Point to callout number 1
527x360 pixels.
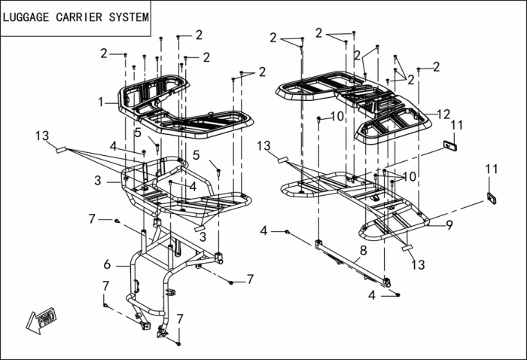point(100,101)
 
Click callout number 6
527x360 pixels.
point(107,264)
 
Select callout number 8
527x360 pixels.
point(363,249)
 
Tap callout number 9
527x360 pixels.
point(449,224)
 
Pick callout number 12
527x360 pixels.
point(443,114)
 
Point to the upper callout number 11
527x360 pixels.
point(457,124)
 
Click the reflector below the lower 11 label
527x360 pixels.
point(492,198)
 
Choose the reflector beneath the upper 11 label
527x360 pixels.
point(451,145)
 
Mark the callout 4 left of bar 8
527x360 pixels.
point(264,230)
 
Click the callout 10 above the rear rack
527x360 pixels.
point(337,116)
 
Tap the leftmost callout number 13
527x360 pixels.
point(41,136)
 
